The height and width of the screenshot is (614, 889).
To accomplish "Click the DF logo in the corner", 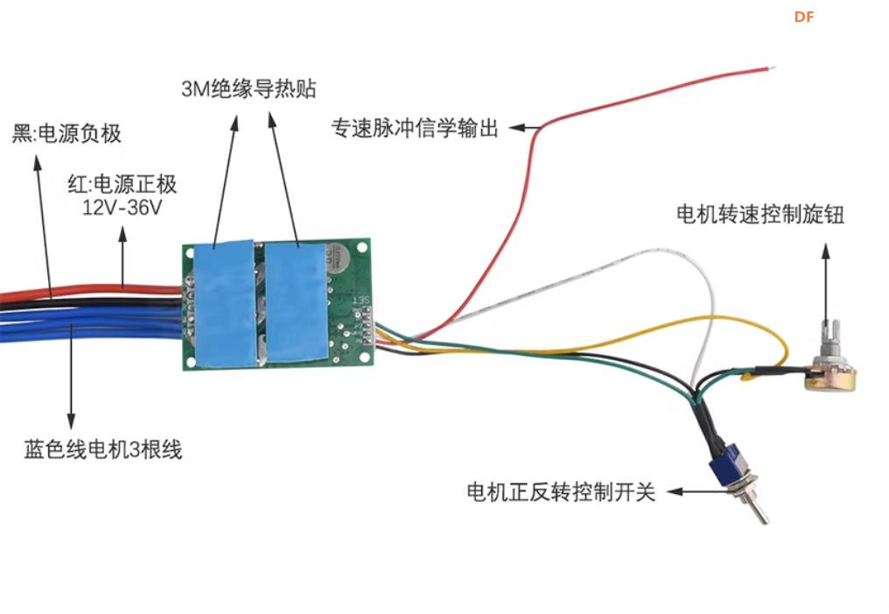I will pos(803,17).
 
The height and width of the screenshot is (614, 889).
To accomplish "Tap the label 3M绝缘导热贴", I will pos(248,89).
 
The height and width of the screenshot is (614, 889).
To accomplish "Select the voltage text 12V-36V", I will pos(122,208).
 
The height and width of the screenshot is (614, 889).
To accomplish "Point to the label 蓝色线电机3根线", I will pos(102,451).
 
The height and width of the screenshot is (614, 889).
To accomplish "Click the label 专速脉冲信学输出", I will pos(414,128).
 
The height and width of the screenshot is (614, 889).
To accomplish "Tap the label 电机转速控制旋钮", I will pos(759,215).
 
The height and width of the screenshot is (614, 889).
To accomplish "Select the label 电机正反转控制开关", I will pos(561,492).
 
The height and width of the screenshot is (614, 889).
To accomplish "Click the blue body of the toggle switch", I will pos(729,464).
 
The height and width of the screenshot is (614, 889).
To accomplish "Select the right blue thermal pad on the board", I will pos(295,302).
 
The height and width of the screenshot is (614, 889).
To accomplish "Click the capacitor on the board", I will pos(337,257).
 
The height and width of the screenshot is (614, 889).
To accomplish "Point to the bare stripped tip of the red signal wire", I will pos(768,67).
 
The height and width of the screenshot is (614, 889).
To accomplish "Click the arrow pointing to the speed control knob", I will pos(824,280).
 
